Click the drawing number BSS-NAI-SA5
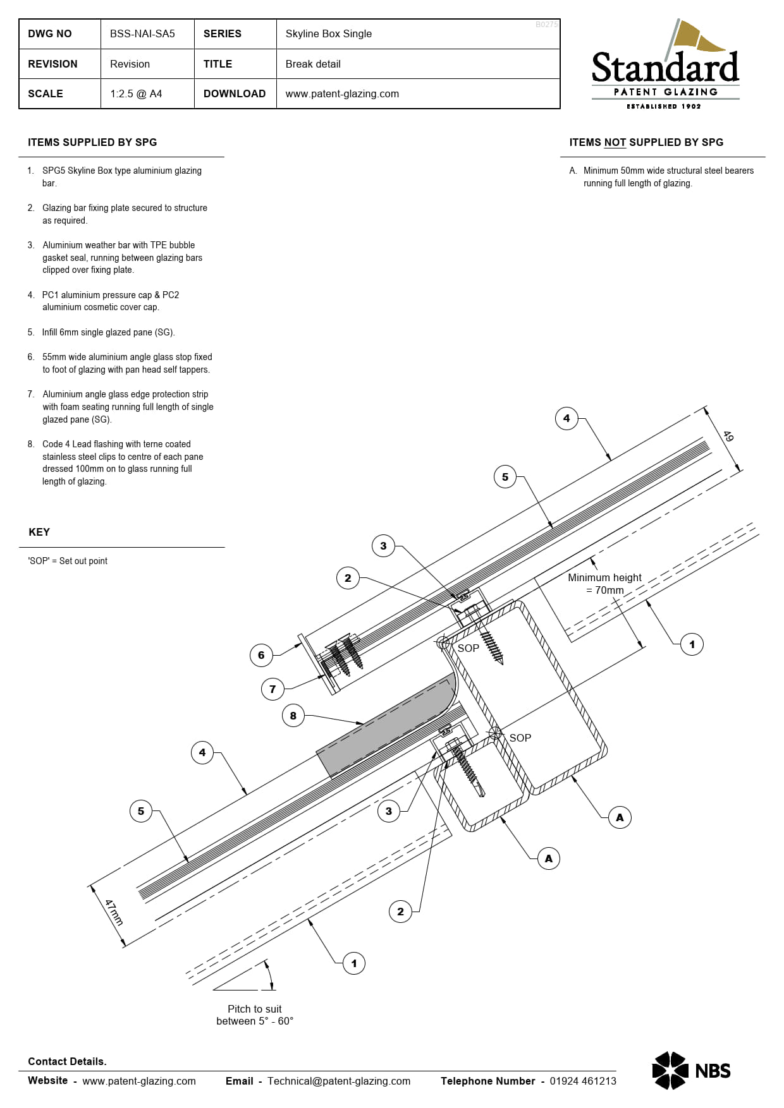(x=142, y=34)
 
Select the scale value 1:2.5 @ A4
(x=136, y=94)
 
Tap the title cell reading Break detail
(x=313, y=64)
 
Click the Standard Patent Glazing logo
(x=665, y=66)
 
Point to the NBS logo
(x=691, y=1070)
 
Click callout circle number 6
(x=261, y=655)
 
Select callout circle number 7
(x=273, y=689)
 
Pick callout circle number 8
(x=293, y=716)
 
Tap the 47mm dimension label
(x=114, y=913)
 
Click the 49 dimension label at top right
(x=728, y=437)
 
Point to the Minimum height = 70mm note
(x=604, y=584)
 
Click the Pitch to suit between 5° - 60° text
(x=255, y=1015)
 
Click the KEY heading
(x=39, y=533)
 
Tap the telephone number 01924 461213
(x=583, y=1081)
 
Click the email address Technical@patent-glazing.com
(x=339, y=1081)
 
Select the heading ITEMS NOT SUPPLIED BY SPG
(x=646, y=143)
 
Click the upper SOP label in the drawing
(x=469, y=648)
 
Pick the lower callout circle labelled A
(x=548, y=858)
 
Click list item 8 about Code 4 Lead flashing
(x=120, y=463)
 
